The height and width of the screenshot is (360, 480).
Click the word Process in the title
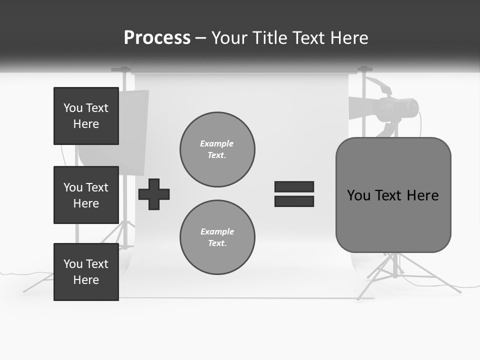tap(157, 38)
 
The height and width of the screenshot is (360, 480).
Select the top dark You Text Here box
tap(86, 116)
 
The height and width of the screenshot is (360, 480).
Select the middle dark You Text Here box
tap(86, 195)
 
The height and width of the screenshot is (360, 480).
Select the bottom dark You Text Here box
tap(86, 272)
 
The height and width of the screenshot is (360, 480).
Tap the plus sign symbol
tap(154, 194)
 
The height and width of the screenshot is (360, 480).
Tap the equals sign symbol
tap(294, 194)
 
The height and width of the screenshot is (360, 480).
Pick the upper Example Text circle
tap(217, 149)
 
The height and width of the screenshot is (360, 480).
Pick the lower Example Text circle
tap(217, 237)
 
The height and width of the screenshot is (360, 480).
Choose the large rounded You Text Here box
tap(393, 195)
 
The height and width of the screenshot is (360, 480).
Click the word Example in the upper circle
tap(217, 143)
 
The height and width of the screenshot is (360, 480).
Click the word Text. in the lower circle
tap(217, 243)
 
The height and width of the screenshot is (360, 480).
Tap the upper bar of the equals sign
tap(294, 186)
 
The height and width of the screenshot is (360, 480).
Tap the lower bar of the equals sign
tap(294, 201)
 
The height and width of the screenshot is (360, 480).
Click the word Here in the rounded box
tap(422, 195)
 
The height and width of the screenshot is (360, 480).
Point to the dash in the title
tap(200, 38)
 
